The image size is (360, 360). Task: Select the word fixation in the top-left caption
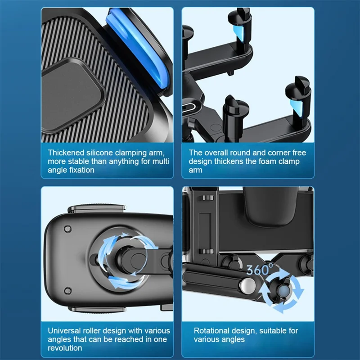coord(80,170)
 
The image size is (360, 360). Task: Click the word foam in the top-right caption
coord(265,162)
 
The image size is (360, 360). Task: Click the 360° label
coord(260,270)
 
